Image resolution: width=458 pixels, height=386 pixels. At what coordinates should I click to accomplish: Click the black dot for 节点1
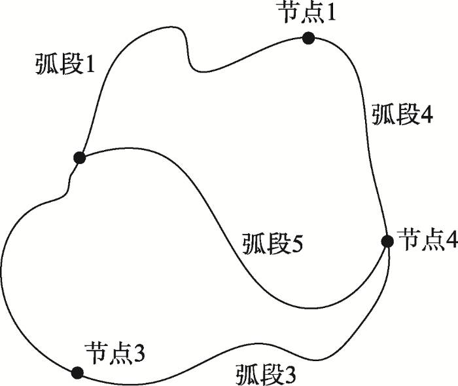(x=308, y=38)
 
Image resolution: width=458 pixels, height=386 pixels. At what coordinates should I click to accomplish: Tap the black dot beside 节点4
(x=387, y=241)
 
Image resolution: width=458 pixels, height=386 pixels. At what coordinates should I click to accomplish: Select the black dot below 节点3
(x=77, y=373)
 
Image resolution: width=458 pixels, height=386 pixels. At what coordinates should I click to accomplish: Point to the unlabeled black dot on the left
(x=79, y=158)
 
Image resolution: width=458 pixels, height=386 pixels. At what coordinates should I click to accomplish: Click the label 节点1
(x=306, y=13)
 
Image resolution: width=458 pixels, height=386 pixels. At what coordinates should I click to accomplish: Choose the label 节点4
(x=428, y=239)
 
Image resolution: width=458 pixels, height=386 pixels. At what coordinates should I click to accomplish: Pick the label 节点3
(x=114, y=353)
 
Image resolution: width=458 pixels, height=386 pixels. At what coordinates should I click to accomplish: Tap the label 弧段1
(x=65, y=64)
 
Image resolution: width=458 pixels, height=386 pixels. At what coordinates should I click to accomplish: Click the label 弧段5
(x=273, y=244)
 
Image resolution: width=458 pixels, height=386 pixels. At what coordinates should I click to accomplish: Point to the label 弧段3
(x=266, y=374)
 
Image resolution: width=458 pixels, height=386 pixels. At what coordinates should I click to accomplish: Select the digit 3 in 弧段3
(x=289, y=375)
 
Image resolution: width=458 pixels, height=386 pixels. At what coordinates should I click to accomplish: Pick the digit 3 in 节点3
(x=138, y=353)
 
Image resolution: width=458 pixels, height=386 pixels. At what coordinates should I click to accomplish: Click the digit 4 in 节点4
(x=450, y=240)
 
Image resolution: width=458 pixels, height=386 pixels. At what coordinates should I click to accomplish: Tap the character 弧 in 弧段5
(x=253, y=244)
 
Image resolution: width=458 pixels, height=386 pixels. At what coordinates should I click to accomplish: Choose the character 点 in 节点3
(x=118, y=353)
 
